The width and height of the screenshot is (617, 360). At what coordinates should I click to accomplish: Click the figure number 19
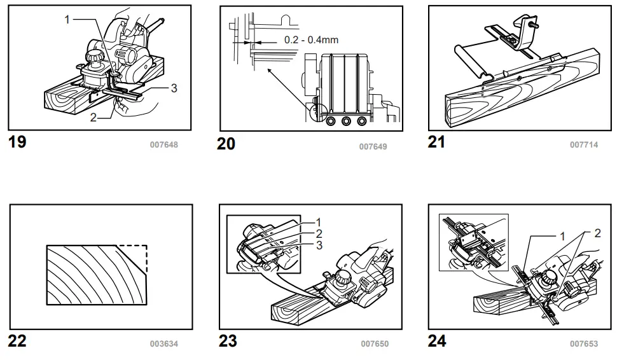click(17, 142)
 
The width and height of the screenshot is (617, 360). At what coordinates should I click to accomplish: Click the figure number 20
click(226, 144)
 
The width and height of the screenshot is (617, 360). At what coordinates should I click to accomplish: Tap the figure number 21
click(436, 142)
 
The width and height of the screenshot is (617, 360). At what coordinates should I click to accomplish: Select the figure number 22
click(17, 342)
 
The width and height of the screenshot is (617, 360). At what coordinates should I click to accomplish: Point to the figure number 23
click(228, 342)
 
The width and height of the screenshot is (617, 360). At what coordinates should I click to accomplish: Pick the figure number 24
click(437, 342)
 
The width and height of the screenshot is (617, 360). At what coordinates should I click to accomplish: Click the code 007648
click(163, 145)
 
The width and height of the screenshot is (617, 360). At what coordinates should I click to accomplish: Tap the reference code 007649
click(373, 146)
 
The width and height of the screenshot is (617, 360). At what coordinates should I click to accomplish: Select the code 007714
click(584, 145)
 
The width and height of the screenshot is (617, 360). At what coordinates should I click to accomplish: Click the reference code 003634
click(163, 344)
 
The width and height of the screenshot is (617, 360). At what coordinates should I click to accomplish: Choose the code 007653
click(584, 344)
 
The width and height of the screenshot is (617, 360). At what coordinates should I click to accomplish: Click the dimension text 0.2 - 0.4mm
click(311, 39)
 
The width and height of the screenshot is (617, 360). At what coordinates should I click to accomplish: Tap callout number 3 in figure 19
click(174, 88)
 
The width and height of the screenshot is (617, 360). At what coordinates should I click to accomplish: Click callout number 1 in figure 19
click(67, 20)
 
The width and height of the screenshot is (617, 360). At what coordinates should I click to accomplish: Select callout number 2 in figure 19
click(93, 118)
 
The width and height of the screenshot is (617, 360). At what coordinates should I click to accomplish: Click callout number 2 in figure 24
click(597, 233)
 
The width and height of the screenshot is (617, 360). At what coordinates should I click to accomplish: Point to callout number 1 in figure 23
click(318, 222)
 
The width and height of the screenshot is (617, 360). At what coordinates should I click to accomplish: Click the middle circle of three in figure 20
click(347, 121)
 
